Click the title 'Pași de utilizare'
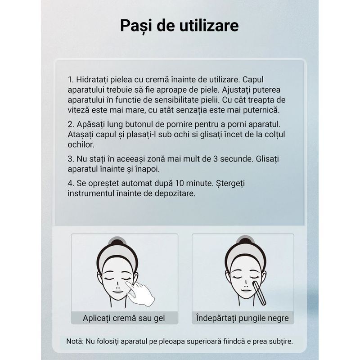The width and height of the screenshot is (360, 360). click(x=179, y=26)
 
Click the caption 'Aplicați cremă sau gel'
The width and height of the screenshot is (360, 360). click(x=124, y=318)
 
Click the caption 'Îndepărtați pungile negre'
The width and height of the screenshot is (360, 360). click(x=243, y=318)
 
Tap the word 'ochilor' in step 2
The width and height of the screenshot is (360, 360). click(x=81, y=144)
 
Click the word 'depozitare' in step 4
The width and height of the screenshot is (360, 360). click(x=177, y=193)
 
